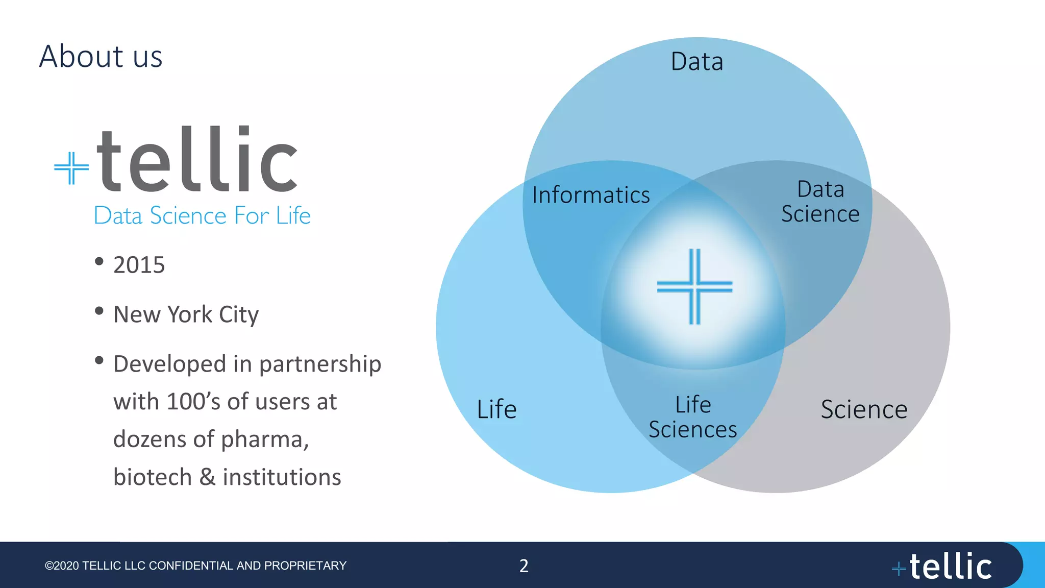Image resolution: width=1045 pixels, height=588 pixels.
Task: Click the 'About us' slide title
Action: (x=101, y=56)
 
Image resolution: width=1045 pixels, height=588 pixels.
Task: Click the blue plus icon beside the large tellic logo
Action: (x=71, y=167)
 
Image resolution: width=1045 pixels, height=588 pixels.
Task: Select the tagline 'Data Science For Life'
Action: (x=202, y=215)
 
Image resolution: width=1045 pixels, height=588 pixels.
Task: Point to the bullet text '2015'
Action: (x=139, y=265)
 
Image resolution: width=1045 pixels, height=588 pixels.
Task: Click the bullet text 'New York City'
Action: (x=186, y=314)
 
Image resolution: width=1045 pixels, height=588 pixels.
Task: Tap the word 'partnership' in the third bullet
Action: (x=320, y=364)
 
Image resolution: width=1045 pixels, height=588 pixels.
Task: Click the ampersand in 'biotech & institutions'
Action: (x=207, y=477)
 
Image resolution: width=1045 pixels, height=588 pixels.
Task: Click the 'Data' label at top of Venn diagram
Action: (x=696, y=62)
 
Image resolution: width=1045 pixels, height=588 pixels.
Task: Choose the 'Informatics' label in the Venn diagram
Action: (x=591, y=195)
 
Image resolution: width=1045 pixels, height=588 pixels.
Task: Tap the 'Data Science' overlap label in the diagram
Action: (x=820, y=202)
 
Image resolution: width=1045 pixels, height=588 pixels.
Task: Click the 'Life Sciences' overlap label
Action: (x=692, y=417)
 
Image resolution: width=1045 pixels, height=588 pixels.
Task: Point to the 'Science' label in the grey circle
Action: (x=864, y=409)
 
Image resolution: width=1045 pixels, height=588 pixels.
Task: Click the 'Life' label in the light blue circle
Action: (x=496, y=409)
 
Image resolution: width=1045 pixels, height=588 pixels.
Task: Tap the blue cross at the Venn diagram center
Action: (x=694, y=287)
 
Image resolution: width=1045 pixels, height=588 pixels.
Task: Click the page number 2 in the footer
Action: (x=524, y=566)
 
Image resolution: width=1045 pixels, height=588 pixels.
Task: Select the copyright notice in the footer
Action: (x=195, y=566)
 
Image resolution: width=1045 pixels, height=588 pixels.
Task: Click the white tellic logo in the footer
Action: (x=943, y=567)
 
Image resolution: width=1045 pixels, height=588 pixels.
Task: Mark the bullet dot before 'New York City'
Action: (x=99, y=311)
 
